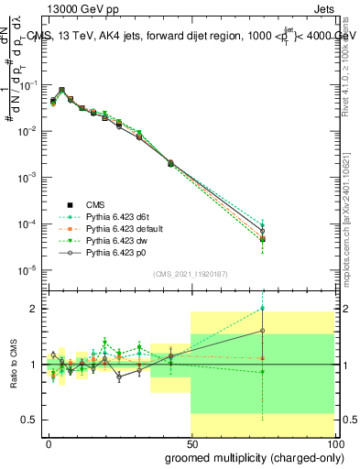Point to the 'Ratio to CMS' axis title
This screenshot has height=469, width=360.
(12, 365)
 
